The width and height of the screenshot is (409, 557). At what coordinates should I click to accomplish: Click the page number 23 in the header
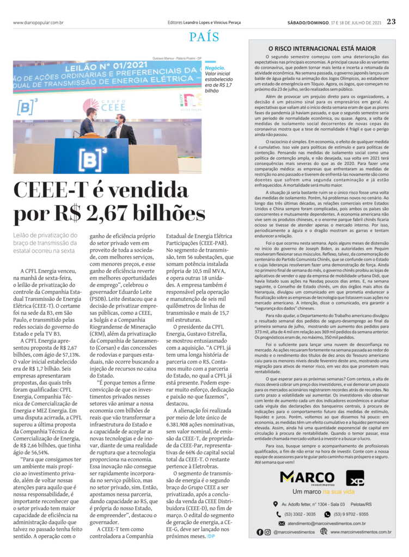point(391,22)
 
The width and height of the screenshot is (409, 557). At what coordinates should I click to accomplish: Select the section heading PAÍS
point(204,37)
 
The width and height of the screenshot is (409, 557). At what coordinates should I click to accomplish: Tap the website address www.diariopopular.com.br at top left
point(38,22)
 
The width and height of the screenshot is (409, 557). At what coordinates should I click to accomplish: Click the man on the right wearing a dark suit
point(121,128)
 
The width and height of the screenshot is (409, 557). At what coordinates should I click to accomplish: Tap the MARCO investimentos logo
point(307,479)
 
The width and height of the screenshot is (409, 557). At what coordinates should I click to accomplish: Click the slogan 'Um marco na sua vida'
point(323,492)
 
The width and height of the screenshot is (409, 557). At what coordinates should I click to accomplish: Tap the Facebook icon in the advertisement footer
point(260,531)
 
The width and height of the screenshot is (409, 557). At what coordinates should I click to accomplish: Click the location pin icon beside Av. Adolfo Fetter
point(276,504)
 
